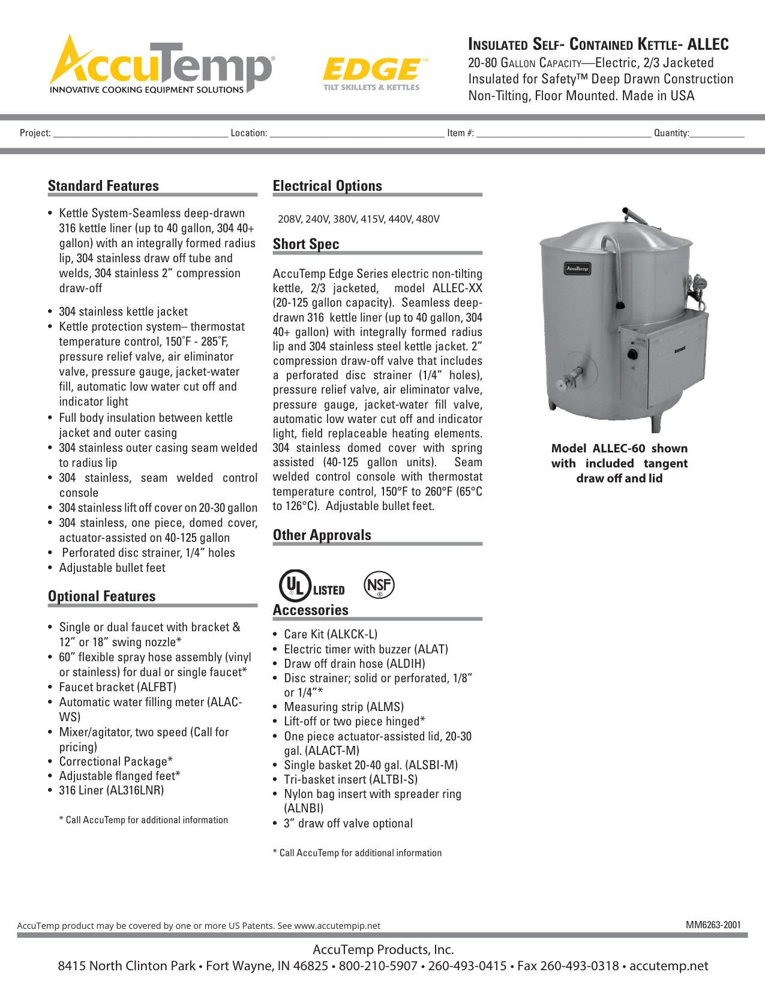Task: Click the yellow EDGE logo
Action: click(373, 72)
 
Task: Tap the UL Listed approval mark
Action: click(311, 586)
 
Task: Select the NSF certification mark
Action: click(379, 585)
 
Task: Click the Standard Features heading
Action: click(103, 186)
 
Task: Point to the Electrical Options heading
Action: click(327, 186)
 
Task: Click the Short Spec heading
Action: click(306, 244)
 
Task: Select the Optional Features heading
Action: click(101, 596)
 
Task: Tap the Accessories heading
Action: click(310, 610)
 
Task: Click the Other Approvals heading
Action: click(322, 535)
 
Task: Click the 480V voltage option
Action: click(428, 219)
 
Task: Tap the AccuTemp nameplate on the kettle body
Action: click(577, 269)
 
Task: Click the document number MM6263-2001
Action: click(713, 925)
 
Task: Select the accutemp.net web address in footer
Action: click(668, 966)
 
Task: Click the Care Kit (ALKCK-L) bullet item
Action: click(331, 634)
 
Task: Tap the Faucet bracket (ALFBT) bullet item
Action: click(118, 687)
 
